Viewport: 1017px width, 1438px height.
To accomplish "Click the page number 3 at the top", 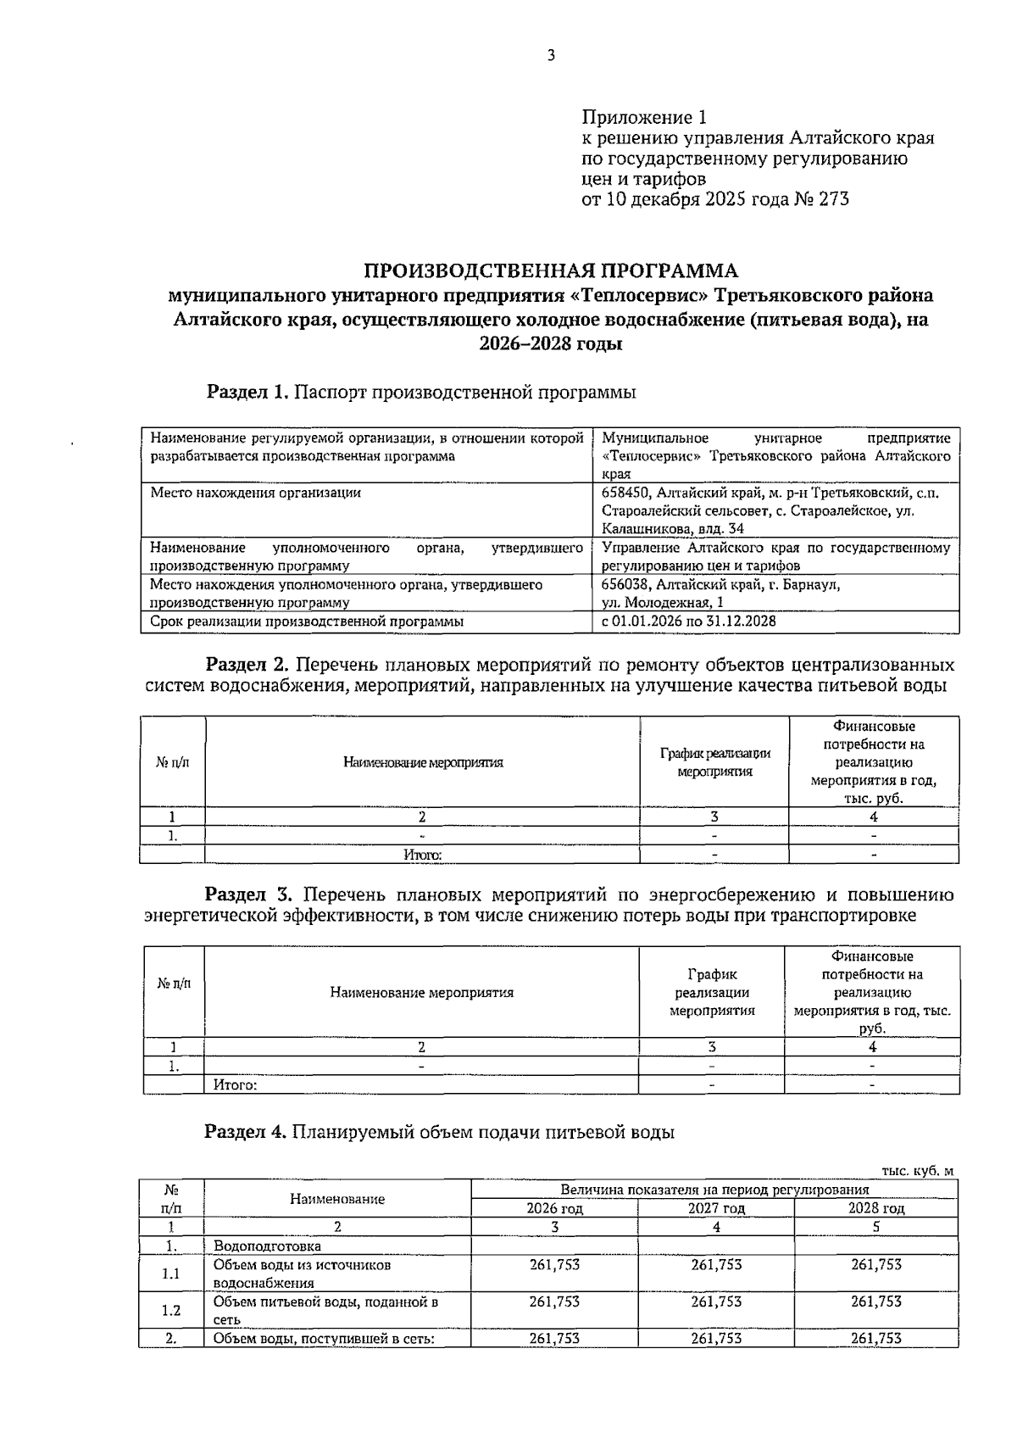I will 550,57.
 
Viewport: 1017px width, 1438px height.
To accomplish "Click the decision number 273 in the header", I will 833,199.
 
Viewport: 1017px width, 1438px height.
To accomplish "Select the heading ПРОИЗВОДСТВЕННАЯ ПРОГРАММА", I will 551,271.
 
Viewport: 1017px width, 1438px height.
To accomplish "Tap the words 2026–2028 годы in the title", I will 551,344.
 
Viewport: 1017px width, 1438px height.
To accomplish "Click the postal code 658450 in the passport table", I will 626,493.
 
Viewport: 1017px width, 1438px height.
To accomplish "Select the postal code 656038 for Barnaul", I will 626,584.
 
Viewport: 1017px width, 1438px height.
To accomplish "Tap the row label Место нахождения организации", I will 255,493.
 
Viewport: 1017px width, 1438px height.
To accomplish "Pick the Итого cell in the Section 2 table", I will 422,856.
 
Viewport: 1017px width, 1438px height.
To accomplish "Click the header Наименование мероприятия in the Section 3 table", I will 421,992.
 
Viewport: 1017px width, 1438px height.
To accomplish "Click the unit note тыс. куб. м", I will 917,1171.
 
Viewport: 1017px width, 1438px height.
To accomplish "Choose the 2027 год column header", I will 716,1208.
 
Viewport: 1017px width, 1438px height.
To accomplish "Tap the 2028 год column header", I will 876,1208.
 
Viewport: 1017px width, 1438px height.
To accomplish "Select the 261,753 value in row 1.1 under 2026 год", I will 554,1265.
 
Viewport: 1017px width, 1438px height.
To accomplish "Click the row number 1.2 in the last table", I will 171,1310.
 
